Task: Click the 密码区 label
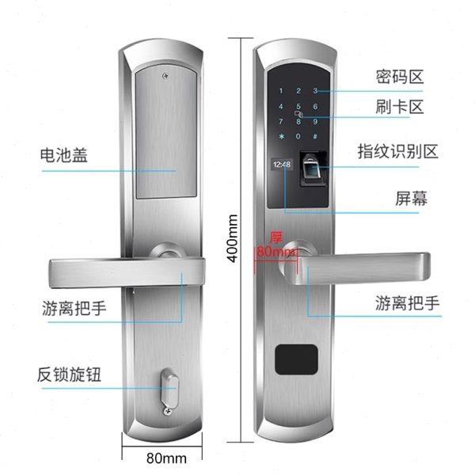pyautogui.click(x=399, y=77)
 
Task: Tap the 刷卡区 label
pyautogui.click(x=399, y=107)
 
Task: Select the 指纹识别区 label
pyautogui.click(x=397, y=151)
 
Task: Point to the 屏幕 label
pyautogui.click(x=411, y=199)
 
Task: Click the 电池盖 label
pyautogui.click(x=64, y=155)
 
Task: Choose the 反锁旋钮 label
pyautogui.click(x=69, y=374)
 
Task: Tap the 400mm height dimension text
pyautogui.click(x=233, y=239)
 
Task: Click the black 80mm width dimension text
pyautogui.click(x=166, y=458)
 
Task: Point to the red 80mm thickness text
pyautogui.click(x=275, y=252)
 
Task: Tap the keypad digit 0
pyautogui.click(x=298, y=136)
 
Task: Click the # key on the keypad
pyautogui.click(x=315, y=136)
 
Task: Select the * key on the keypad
pyautogui.click(x=281, y=136)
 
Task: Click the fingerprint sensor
pyautogui.click(x=313, y=169)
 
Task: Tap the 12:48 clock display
pyautogui.click(x=282, y=165)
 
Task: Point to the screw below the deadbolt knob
pyautogui.click(x=168, y=411)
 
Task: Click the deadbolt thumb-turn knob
pyautogui.click(x=169, y=388)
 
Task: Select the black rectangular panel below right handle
pyautogui.click(x=296, y=359)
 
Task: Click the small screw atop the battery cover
pyautogui.click(x=165, y=76)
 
